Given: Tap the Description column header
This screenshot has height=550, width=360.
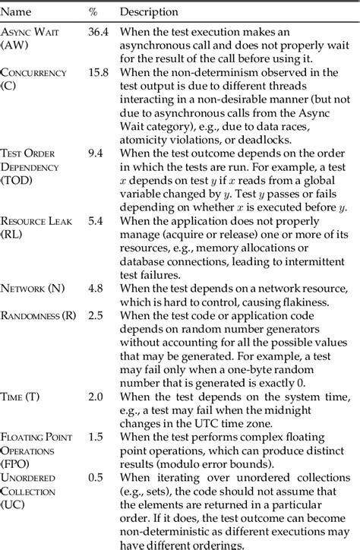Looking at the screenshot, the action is click(150, 12).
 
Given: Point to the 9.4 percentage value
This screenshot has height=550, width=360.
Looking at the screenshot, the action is click(95, 153).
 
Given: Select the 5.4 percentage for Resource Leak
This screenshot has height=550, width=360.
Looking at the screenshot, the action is click(95, 220).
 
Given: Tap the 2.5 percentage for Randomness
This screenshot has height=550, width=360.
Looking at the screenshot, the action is click(95, 315).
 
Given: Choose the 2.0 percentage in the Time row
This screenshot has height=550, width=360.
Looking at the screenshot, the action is click(95, 396).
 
